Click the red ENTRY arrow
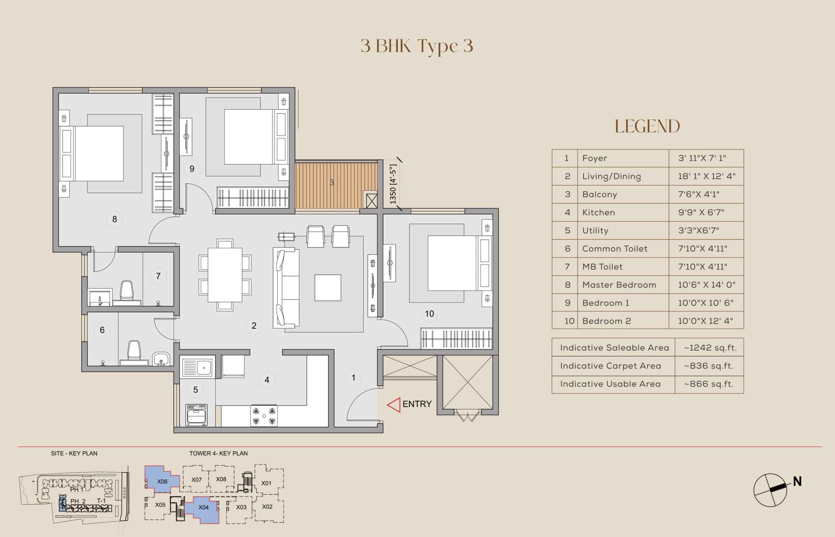click(x=394, y=405)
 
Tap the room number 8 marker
click(x=115, y=219)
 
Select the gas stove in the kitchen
click(x=264, y=416)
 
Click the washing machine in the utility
click(x=197, y=415)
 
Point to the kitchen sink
click(x=197, y=367)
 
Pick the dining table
click(x=225, y=275)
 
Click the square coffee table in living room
click(x=328, y=288)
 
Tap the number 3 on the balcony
click(x=332, y=182)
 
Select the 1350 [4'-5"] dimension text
click(x=393, y=184)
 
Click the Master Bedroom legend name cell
click(x=619, y=285)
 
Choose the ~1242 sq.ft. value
click(x=710, y=348)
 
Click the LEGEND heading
click(x=647, y=126)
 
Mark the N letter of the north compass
click(x=797, y=482)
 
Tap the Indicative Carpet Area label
click(x=611, y=366)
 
